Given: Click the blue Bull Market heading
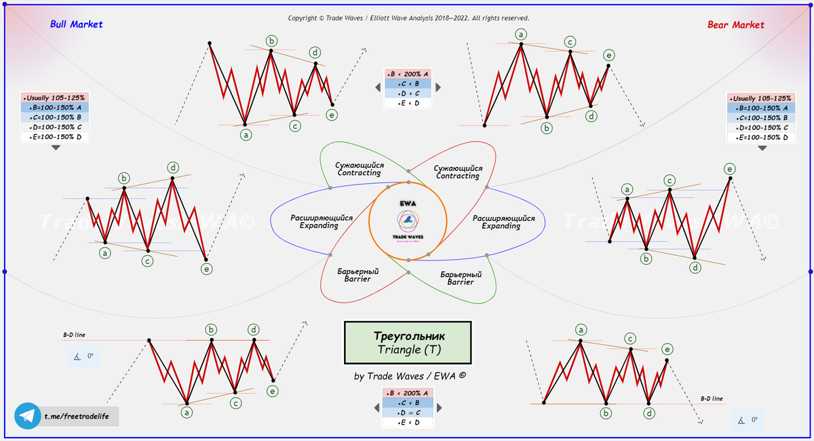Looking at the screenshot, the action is point(77,24).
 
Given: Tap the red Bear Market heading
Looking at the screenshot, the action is point(735,25).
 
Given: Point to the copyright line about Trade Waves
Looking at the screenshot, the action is point(408,18).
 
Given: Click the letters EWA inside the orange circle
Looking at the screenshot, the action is point(408,203).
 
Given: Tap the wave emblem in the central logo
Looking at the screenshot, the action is point(408,219).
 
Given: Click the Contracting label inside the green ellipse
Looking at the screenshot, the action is point(359,170).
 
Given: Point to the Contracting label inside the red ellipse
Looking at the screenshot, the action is point(458,172).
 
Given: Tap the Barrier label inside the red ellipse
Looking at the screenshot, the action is point(357,275).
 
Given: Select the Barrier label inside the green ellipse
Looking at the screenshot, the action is point(461,278).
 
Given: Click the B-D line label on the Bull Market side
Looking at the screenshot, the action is point(74,334).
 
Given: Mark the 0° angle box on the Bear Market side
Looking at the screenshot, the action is point(749,421).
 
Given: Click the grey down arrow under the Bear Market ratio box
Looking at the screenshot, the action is point(762,148).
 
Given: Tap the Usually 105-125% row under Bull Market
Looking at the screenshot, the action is point(55,98).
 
